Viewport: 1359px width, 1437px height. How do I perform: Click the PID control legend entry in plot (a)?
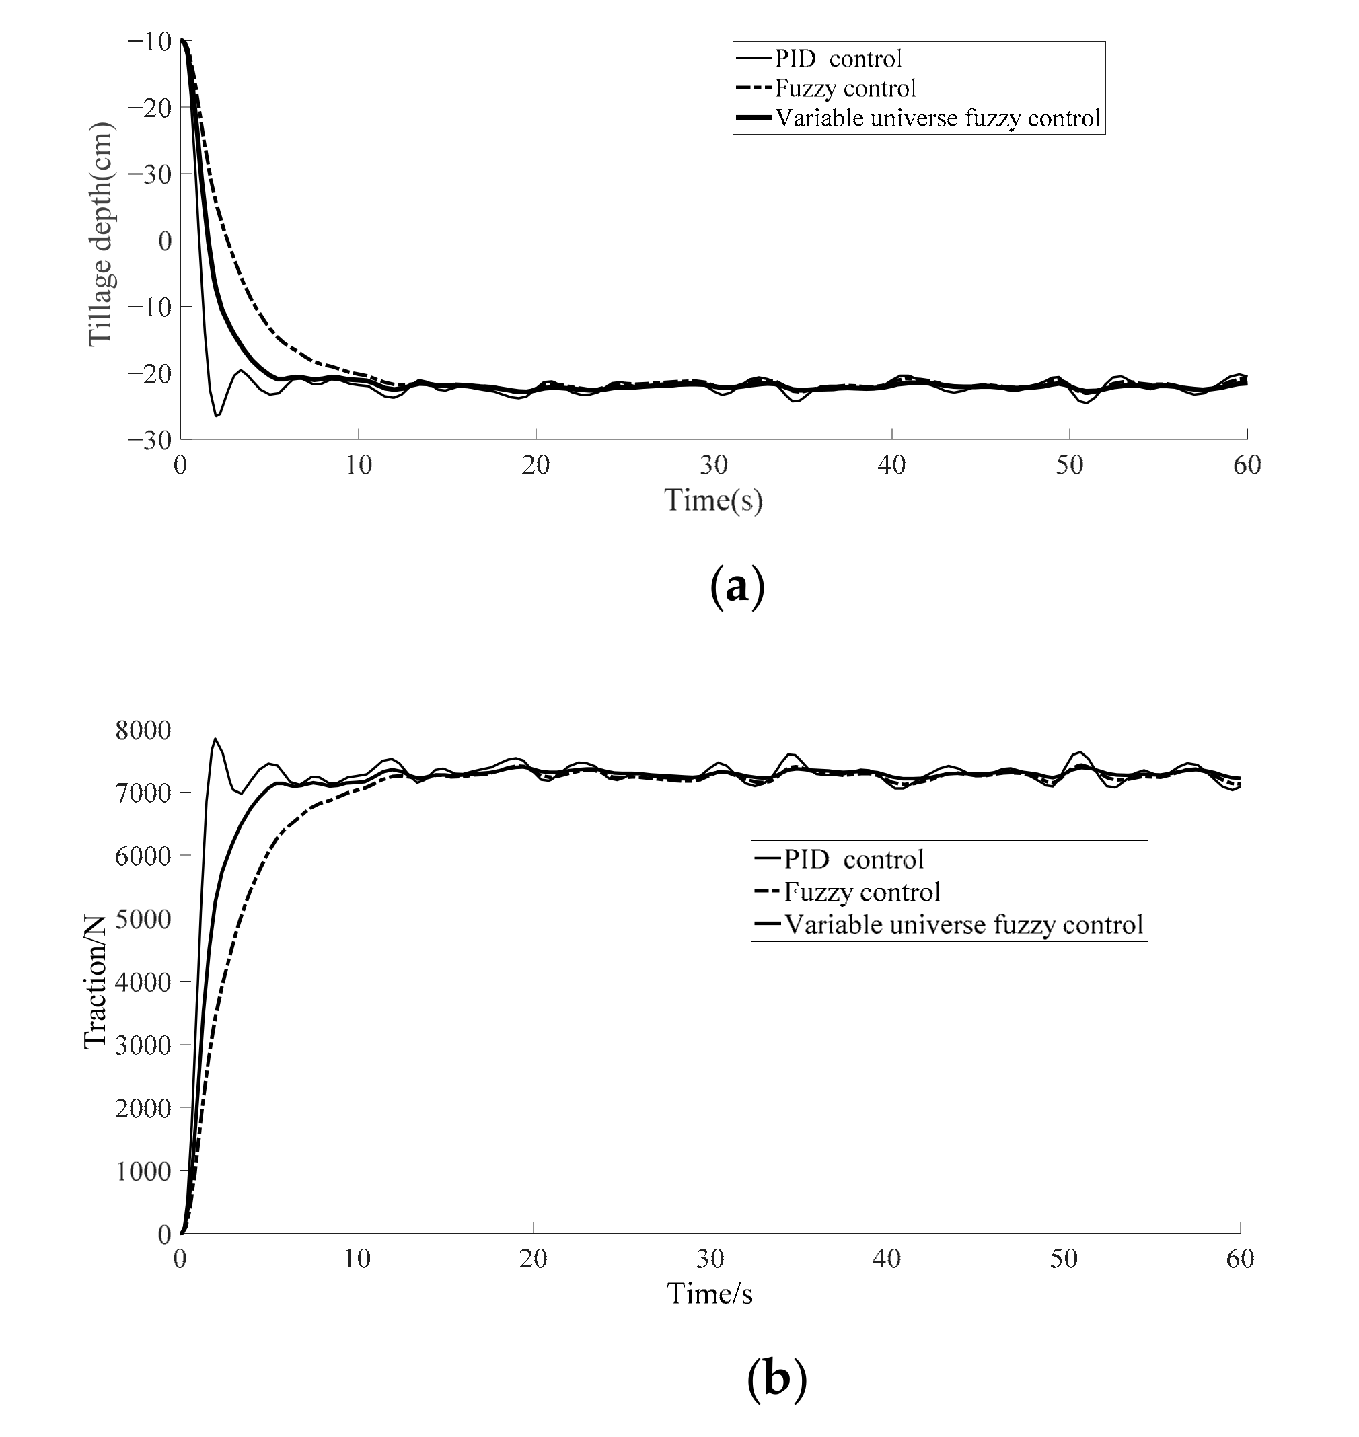point(838,58)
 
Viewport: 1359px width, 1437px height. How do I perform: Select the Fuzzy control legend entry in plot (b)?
point(862,891)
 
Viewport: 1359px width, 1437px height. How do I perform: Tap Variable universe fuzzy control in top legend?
point(937,118)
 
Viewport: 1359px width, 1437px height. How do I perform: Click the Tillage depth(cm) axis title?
point(101,234)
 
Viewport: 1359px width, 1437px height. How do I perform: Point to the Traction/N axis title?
point(95,982)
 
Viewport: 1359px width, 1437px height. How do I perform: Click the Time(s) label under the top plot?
point(714,500)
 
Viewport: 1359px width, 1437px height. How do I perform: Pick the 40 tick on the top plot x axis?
point(891,465)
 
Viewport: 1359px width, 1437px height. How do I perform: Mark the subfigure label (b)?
point(776,1378)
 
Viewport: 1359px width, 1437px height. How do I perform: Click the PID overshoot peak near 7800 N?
point(215,739)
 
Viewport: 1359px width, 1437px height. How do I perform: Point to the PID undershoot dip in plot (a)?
point(217,415)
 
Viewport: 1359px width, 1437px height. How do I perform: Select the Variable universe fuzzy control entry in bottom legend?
point(963,924)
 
